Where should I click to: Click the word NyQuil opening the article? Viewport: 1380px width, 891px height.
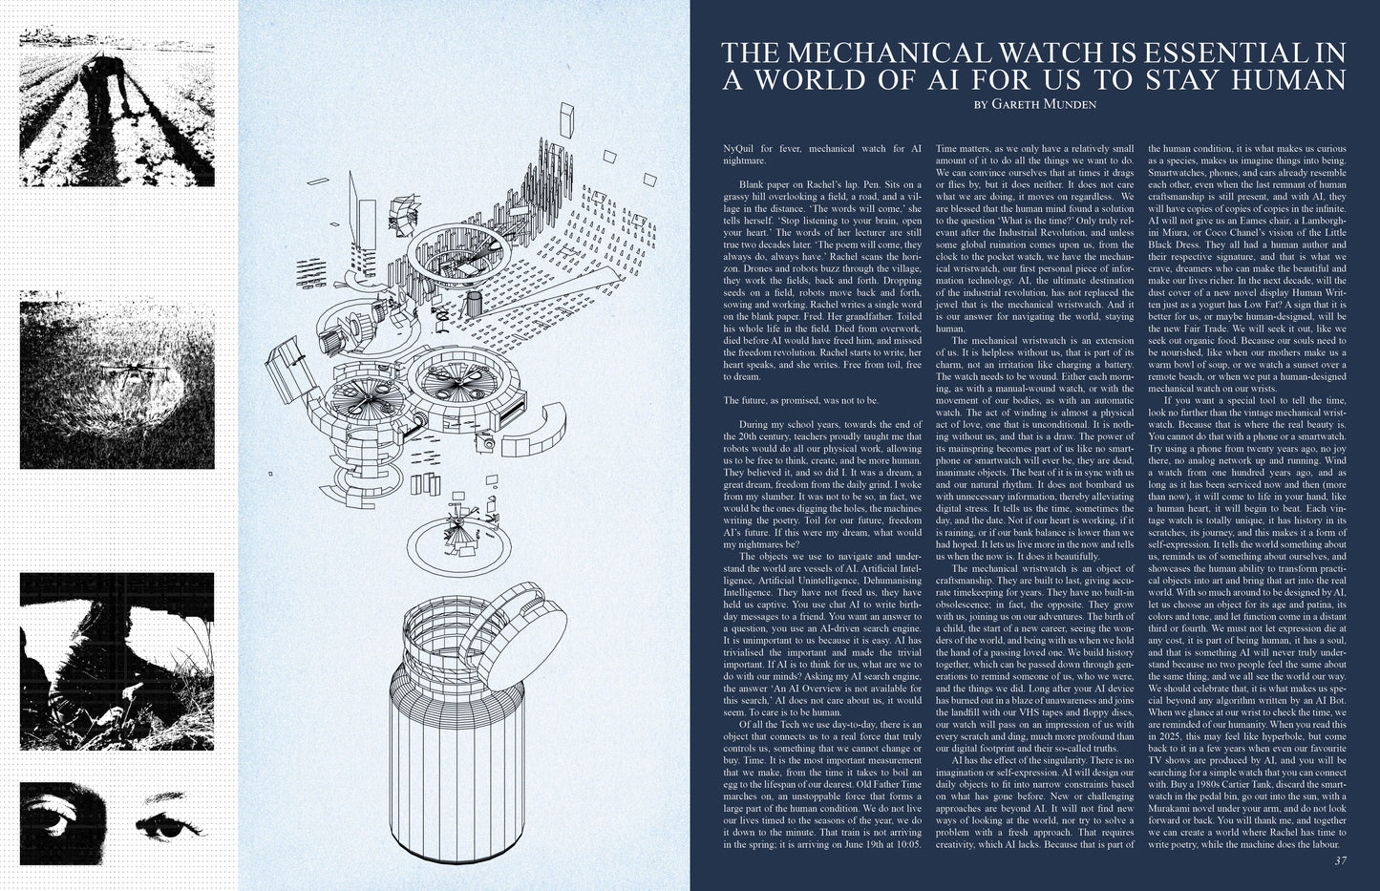pyautogui.click(x=739, y=149)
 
